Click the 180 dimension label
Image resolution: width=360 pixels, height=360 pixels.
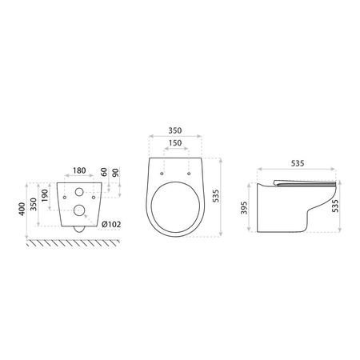tap(79, 170)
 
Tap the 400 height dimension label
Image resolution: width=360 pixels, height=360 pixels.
tap(22, 209)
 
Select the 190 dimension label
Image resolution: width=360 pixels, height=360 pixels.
tap(45, 195)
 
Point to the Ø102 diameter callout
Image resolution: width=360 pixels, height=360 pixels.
tap(111, 225)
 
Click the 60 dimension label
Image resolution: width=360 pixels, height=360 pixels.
tap(104, 172)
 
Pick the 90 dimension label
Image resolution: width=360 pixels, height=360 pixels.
tap(115, 173)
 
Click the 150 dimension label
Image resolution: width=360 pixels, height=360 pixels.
tap(175, 143)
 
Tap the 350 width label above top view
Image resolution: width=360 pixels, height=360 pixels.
tap(175, 130)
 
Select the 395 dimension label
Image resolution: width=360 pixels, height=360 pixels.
tap(244, 208)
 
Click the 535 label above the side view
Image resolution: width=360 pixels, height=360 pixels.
tap(298, 163)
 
